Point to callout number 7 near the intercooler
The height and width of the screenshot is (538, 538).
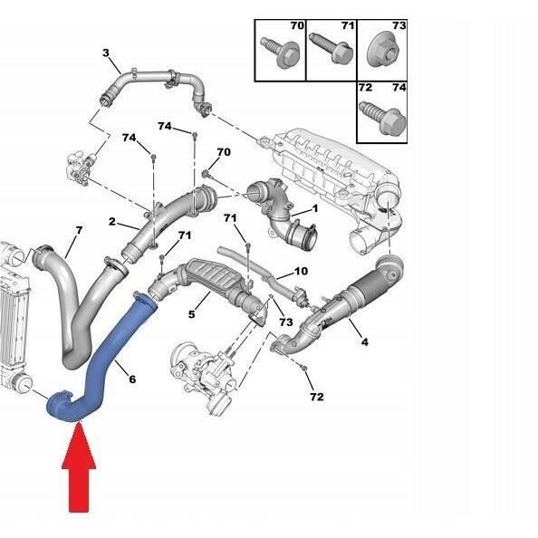click(79, 231)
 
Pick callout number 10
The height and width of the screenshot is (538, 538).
click(302, 272)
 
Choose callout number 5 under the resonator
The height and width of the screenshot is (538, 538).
click(191, 314)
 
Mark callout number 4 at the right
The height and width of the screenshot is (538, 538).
click(363, 341)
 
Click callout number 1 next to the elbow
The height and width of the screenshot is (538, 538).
click(314, 210)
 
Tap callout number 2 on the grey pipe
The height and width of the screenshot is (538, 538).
click(111, 222)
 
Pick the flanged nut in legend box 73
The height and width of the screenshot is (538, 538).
click(379, 53)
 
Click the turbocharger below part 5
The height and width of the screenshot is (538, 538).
click(205, 372)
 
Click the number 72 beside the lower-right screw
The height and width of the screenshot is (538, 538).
click(315, 397)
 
